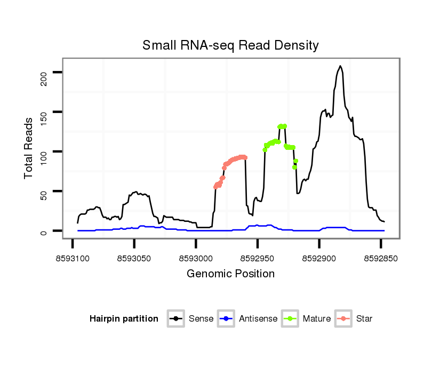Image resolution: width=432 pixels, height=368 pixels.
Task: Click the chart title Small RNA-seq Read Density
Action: click(x=230, y=45)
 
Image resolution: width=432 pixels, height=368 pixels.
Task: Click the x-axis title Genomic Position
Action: click(x=230, y=274)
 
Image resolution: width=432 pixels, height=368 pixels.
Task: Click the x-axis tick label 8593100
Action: click(x=73, y=258)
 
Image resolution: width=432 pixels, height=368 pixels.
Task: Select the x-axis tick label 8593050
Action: click(x=134, y=258)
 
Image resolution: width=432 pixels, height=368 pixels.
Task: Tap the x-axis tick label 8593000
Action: click(x=196, y=258)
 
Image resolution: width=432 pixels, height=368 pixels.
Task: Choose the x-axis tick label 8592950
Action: click(x=257, y=258)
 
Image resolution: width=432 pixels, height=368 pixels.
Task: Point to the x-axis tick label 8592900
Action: click(x=319, y=258)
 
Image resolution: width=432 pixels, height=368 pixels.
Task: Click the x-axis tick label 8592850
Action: click(x=380, y=258)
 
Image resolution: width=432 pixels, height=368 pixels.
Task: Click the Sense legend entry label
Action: click(x=201, y=319)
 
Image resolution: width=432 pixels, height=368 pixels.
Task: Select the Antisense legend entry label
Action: click(x=258, y=319)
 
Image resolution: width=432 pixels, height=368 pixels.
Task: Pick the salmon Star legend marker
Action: click(x=344, y=319)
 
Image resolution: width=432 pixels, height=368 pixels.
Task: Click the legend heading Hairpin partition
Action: click(x=124, y=319)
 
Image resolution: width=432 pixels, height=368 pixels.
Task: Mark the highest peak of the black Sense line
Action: click(x=340, y=66)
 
